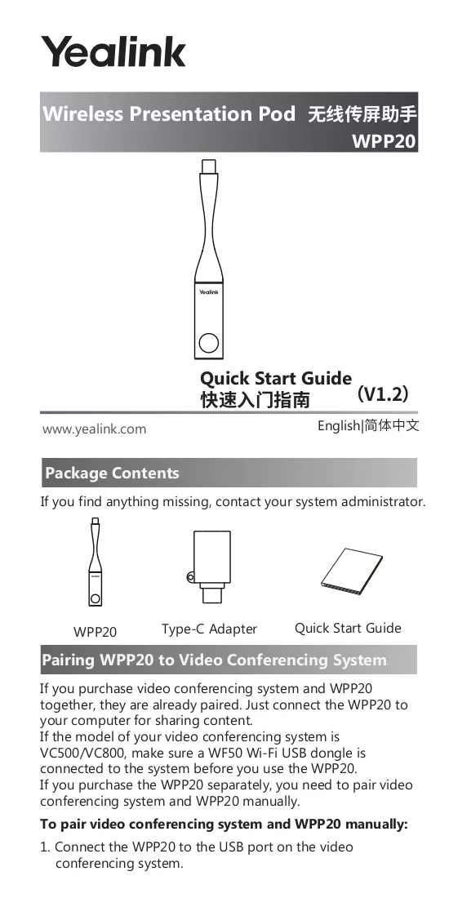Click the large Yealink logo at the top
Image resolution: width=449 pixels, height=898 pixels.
point(113,51)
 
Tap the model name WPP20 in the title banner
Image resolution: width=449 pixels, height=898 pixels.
point(384,141)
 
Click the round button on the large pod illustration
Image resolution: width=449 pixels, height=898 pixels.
point(208,343)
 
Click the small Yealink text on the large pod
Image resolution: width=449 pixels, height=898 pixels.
point(208,292)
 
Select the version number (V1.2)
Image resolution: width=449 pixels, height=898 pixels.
point(382,394)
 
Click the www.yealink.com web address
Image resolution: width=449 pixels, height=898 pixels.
point(94,429)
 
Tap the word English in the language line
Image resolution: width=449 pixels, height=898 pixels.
point(338,426)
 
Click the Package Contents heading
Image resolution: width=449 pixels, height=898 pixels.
point(112,473)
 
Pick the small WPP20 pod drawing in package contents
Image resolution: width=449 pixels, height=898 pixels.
point(95,562)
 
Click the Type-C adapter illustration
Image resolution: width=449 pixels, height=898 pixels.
point(210,566)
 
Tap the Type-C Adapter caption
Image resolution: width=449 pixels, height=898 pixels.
point(209,629)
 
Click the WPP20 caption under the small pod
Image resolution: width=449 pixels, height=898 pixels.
point(95,632)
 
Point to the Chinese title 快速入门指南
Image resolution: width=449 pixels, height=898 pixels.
point(255,400)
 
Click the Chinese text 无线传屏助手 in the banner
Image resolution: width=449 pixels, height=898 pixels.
point(362,114)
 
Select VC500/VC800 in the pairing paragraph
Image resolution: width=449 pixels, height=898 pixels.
point(82,753)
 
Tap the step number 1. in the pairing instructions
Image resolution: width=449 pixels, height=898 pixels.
point(45,847)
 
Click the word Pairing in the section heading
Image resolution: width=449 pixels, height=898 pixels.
point(68,660)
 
